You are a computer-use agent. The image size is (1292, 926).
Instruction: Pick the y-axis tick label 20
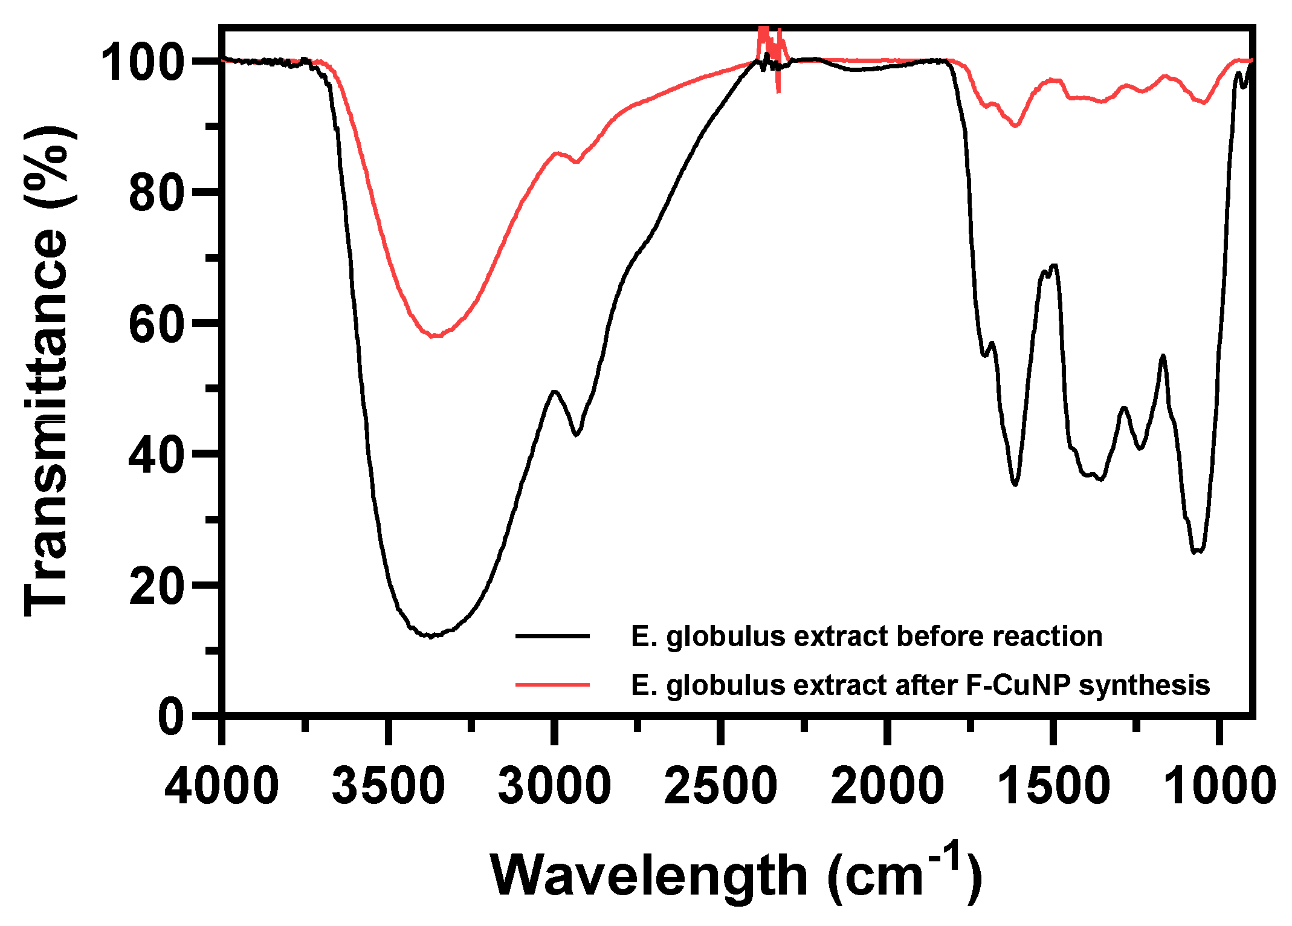coord(156,586)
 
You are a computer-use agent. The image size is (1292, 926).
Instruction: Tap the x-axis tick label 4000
coord(222,786)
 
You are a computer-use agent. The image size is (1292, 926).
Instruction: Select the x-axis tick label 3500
coord(389,786)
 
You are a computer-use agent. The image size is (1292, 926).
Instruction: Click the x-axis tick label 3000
coord(554,786)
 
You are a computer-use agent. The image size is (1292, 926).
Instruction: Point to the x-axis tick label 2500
coord(720,786)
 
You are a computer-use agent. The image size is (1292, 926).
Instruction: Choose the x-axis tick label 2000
coord(887,786)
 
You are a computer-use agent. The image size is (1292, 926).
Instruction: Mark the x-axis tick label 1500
coord(1053,786)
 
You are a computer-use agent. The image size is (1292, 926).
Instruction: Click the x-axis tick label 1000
coord(1219,786)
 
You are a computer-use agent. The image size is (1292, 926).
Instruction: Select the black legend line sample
coord(552,636)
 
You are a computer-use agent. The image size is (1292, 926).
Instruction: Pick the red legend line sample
coord(552,685)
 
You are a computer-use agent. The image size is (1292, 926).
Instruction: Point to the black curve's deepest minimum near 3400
coord(430,636)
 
